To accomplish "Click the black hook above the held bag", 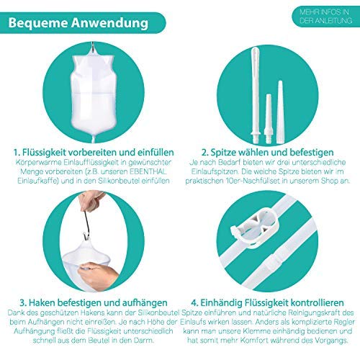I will pyautogui.click(x=91, y=212).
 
